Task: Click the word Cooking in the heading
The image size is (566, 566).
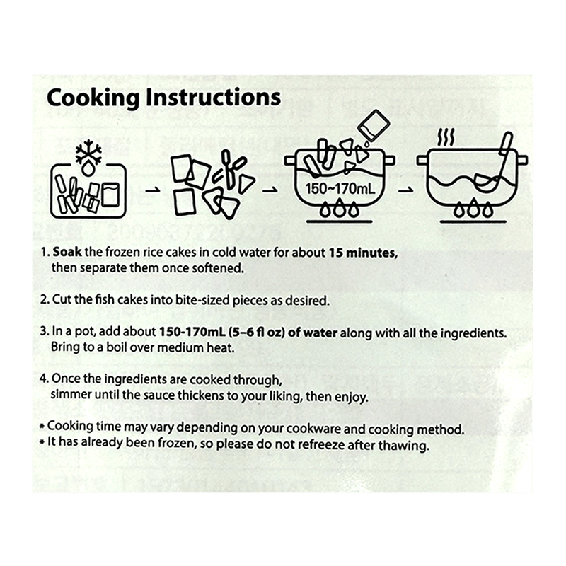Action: (93, 98)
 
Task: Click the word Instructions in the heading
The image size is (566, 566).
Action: (214, 97)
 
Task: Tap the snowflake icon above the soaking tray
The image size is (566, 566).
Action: (88, 153)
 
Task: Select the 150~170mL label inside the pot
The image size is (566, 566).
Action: (340, 188)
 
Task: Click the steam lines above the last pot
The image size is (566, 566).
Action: (446, 137)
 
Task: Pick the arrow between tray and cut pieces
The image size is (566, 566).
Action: (152, 190)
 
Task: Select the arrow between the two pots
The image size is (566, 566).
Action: (405, 190)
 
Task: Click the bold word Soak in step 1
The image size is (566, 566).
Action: (67, 252)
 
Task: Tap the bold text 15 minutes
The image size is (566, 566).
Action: (363, 253)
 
